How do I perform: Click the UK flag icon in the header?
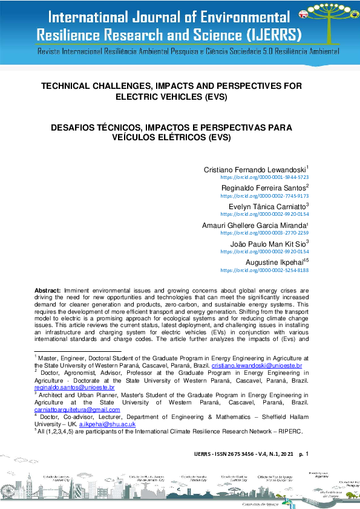coord(303,15)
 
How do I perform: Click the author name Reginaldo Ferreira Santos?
coord(264,188)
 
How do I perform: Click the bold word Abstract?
coord(48,290)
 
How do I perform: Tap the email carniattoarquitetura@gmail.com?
coord(77,409)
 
